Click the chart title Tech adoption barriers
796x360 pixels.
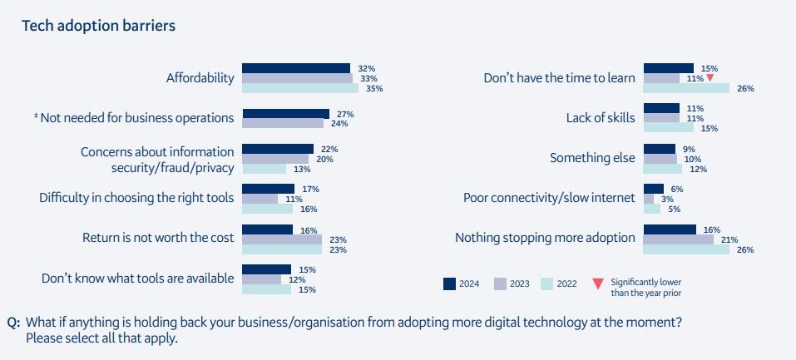[x=98, y=26]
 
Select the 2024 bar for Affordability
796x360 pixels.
[x=295, y=68]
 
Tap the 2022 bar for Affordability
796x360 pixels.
[x=299, y=88]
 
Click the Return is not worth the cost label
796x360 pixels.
[x=158, y=239]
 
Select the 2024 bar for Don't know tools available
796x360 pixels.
[x=266, y=269]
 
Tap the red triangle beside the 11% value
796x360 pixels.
[x=709, y=78]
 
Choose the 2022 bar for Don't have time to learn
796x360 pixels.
[x=686, y=88]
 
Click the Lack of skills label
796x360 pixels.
[x=601, y=118]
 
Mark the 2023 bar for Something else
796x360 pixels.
[x=660, y=159]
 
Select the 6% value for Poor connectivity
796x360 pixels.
[x=677, y=189]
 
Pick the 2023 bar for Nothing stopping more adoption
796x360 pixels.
[x=679, y=239]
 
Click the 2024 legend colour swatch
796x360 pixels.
[x=449, y=284]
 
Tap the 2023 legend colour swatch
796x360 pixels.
[x=501, y=284]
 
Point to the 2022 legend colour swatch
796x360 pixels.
[x=546, y=284]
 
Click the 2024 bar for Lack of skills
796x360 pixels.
[x=662, y=108]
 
